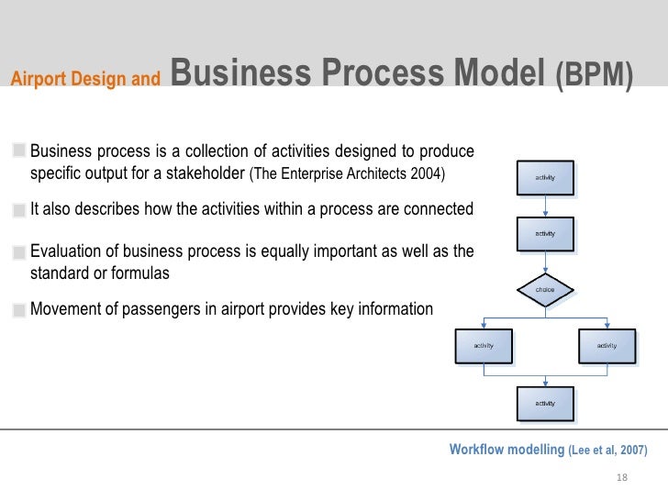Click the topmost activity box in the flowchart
pos(545,177)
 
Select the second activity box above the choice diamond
pos(545,233)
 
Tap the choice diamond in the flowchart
pos(545,289)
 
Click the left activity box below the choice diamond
pos(484,345)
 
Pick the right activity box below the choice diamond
pos(607,345)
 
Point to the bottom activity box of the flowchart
pos(545,403)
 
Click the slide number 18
pos(621,478)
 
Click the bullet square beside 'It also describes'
pos(19,210)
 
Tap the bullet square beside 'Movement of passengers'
pos(19,310)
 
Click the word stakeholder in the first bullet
pos(203,173)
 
